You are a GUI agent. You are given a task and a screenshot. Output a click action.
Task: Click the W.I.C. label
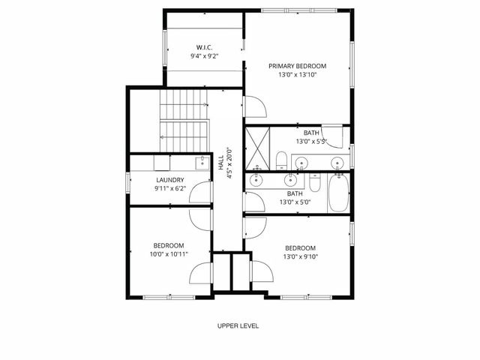pyautogui.click(x=205, y=46)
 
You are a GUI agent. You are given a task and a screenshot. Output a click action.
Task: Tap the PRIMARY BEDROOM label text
pyautogui.click(x=297, y=66)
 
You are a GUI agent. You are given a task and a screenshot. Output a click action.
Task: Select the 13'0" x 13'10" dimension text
pyautogui.click(x=297, y=76)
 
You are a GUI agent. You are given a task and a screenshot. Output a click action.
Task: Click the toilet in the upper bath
pyautogui.click(x=280, y=160)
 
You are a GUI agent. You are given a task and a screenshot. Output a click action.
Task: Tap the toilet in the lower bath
pyautogui.click(x=316, y=184)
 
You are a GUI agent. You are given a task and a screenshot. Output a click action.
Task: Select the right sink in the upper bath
pyautogui.click(x=337, y=163)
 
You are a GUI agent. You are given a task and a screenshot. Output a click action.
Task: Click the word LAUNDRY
pyautogui.click(x=169, y=180)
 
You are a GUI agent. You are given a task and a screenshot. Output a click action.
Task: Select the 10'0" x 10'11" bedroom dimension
pyautogui.click(x=169, y=254)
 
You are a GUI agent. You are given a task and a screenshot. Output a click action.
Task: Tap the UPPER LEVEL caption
pyautogui.click(x=238, y=325)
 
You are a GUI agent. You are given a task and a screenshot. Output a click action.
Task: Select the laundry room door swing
pyautogui.click(x=200, y=193)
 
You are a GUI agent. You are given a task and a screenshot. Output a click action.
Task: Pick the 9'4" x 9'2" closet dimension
pyautogui.click(x=205, y=56)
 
